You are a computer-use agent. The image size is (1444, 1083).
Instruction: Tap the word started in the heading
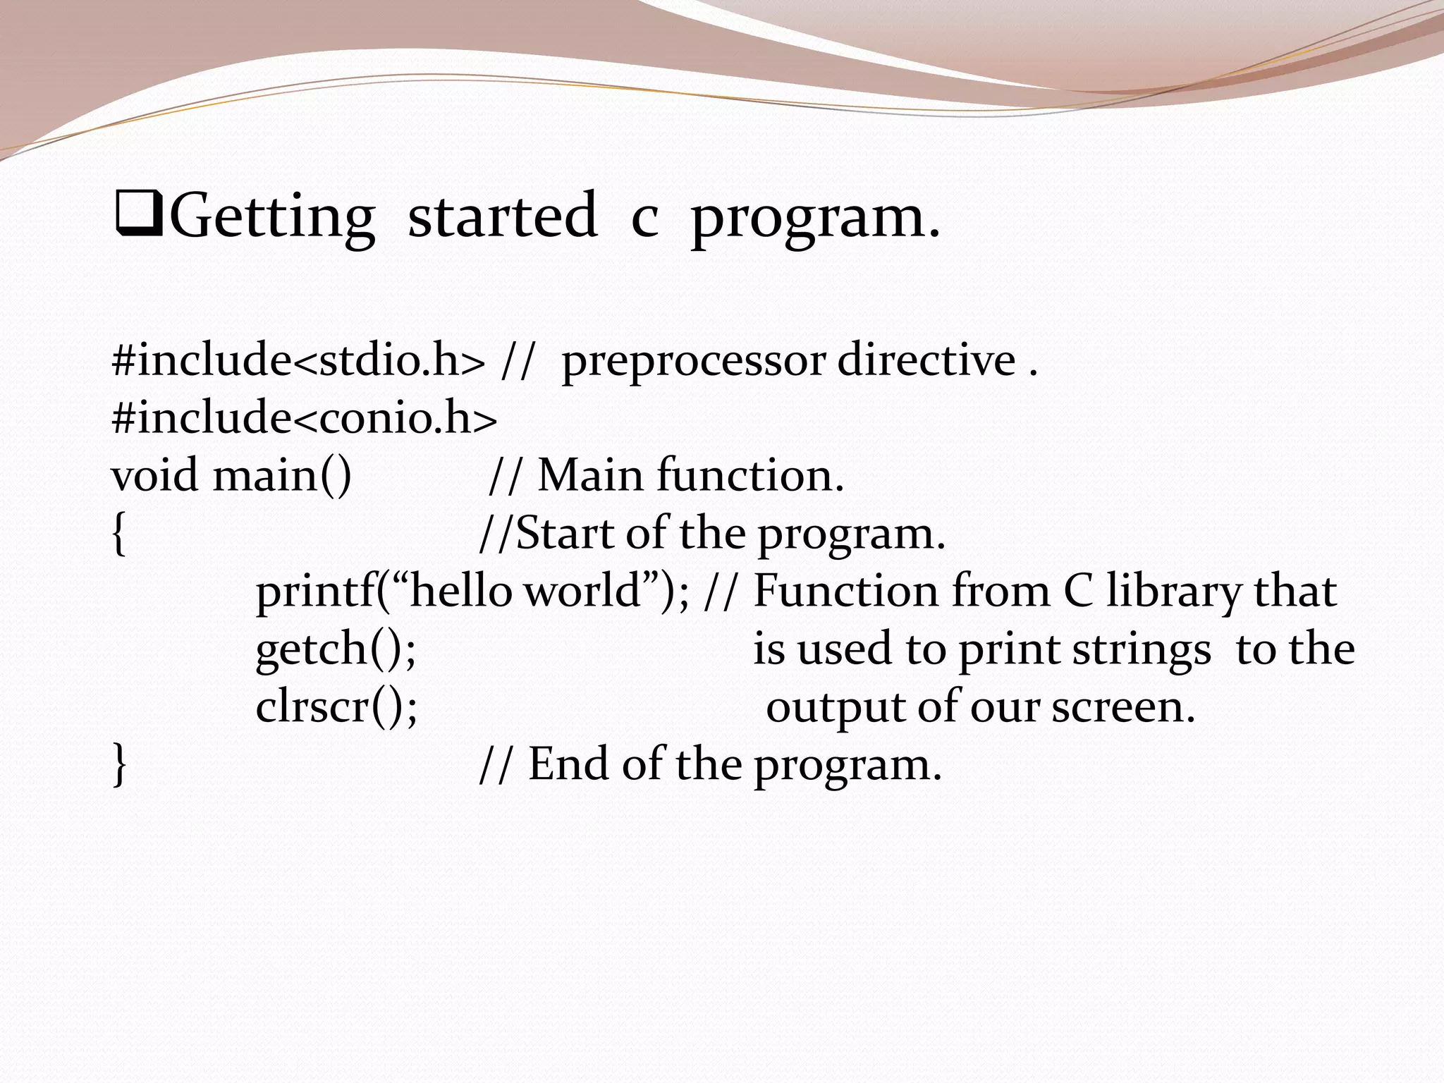[x=503, y=215]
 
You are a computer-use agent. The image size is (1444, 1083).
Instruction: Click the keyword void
[x=155, y=475]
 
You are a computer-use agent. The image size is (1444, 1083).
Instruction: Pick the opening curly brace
[x=119, y=534]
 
